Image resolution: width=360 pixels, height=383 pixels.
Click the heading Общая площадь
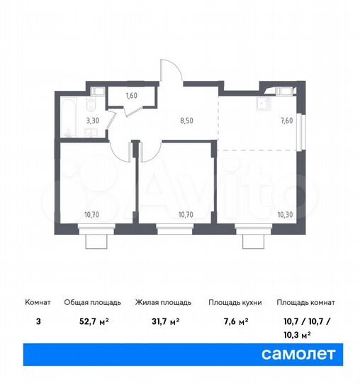pyautogui.click(x=94, y=302)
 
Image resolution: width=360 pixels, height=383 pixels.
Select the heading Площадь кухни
pyautogui.click(x=235, y=302)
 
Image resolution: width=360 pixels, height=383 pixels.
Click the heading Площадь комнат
pyautogui.click(x=305, y=302)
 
